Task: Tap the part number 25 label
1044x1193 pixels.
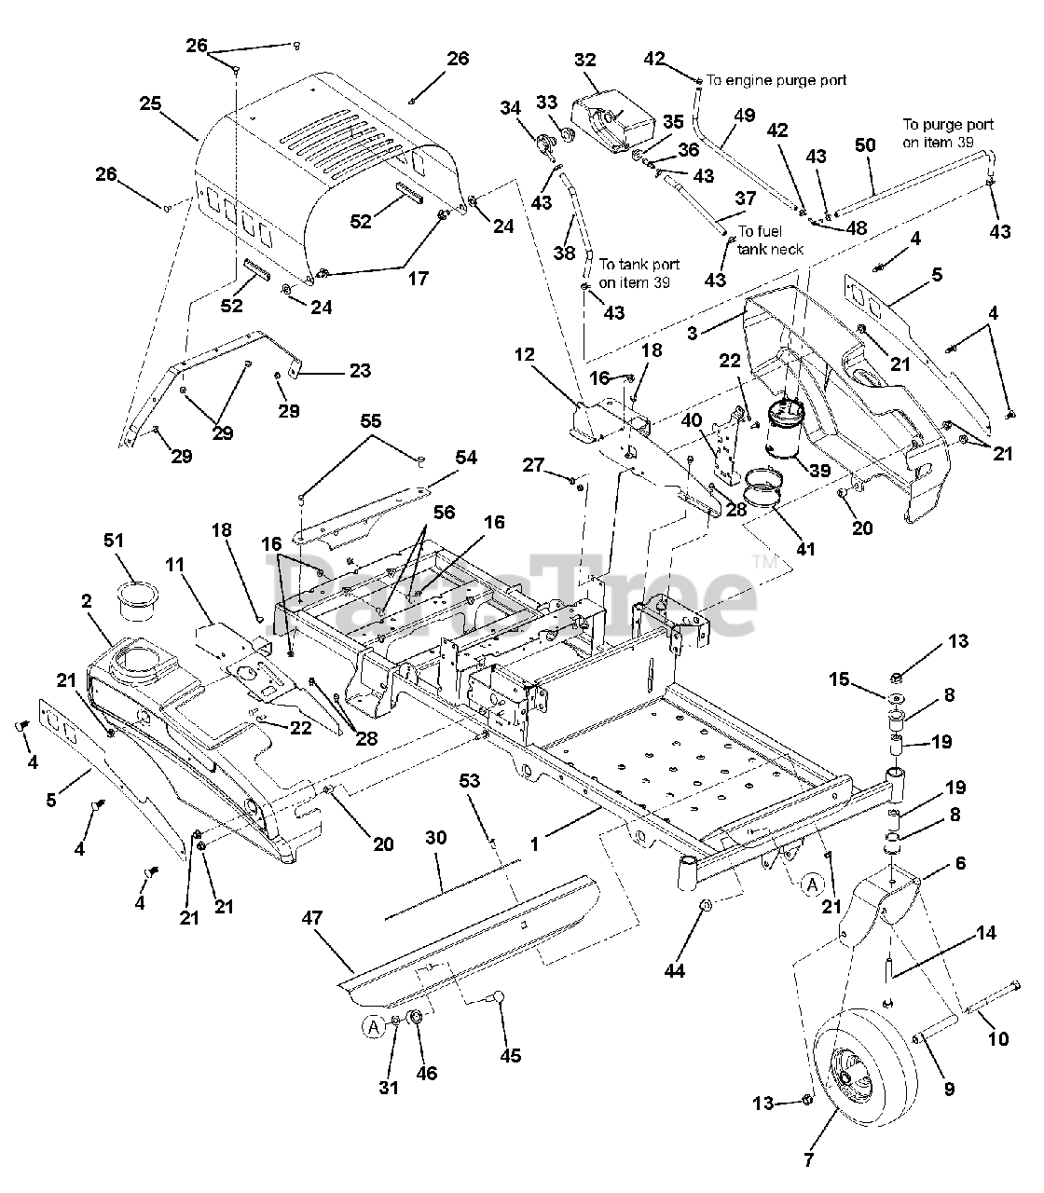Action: click(151, 103)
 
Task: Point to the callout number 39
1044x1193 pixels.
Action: click(819, 471)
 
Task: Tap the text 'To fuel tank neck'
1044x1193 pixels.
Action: click(770, 240)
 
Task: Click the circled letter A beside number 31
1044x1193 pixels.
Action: click(373, 1027)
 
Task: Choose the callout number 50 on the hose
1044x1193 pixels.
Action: click(865, 145)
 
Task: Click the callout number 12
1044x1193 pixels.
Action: click(526, 354)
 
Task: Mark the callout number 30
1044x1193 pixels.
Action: click(436, 840)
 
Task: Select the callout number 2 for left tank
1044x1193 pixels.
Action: click(87, 602)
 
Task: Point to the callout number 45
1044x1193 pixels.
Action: click(510, 1056)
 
